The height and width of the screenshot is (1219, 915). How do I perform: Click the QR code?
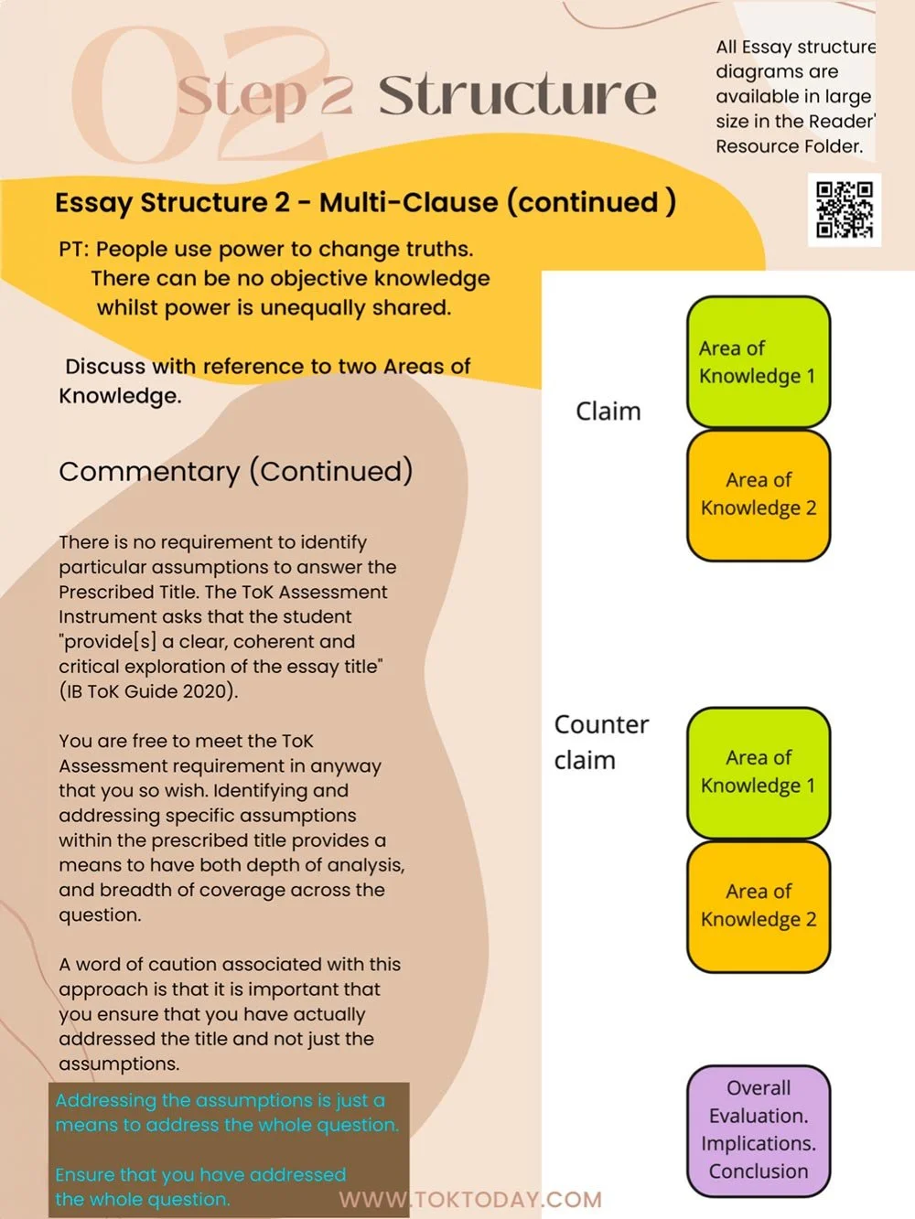pos(845,209)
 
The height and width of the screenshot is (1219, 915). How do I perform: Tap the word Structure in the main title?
pos(517,95)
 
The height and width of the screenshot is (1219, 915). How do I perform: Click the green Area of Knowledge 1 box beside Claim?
pos(758,362)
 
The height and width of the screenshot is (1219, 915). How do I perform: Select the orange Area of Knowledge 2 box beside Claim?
pos(758,495)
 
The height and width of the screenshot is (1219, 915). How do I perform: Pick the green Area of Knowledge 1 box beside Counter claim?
pos(758,772)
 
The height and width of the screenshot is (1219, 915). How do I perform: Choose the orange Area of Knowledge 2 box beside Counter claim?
pos(758,905)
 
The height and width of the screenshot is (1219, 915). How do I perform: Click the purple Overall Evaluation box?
pos(758,1130)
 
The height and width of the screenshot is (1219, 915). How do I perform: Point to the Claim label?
pos(608,412)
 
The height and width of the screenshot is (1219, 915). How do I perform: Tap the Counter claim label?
pos(600,742)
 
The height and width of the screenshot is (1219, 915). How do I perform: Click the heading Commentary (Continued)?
pos(235,471)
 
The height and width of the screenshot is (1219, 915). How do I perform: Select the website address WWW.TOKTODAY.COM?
pos(470,1199)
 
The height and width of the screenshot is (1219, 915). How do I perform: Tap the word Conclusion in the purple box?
pos(758,1171)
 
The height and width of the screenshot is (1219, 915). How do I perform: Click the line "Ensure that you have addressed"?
pos(200,1174)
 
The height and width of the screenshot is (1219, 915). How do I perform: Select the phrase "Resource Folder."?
pos(789,146)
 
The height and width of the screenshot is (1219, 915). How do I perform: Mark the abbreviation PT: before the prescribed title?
pos(73,250)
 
